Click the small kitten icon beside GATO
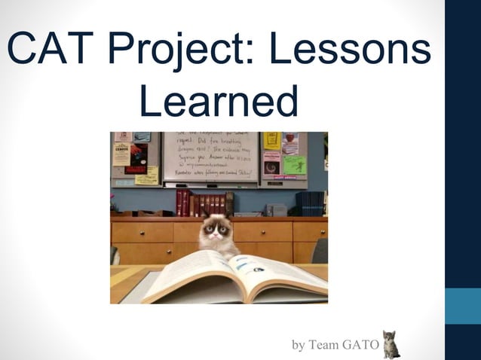(x=391, y=344)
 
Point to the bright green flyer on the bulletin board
(x=294, y=165)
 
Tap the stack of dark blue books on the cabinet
(x=309, y=203)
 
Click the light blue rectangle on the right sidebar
(x=462, y=306)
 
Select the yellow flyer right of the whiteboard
(x=272, y=140)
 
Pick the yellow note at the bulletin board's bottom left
(x=147, y=175)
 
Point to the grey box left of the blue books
(x=276, y=209)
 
